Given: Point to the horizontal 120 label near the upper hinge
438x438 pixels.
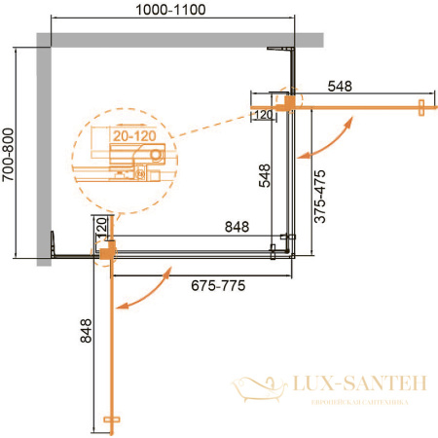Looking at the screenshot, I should (262, 115).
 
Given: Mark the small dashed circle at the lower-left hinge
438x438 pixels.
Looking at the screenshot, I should (105, 252).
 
